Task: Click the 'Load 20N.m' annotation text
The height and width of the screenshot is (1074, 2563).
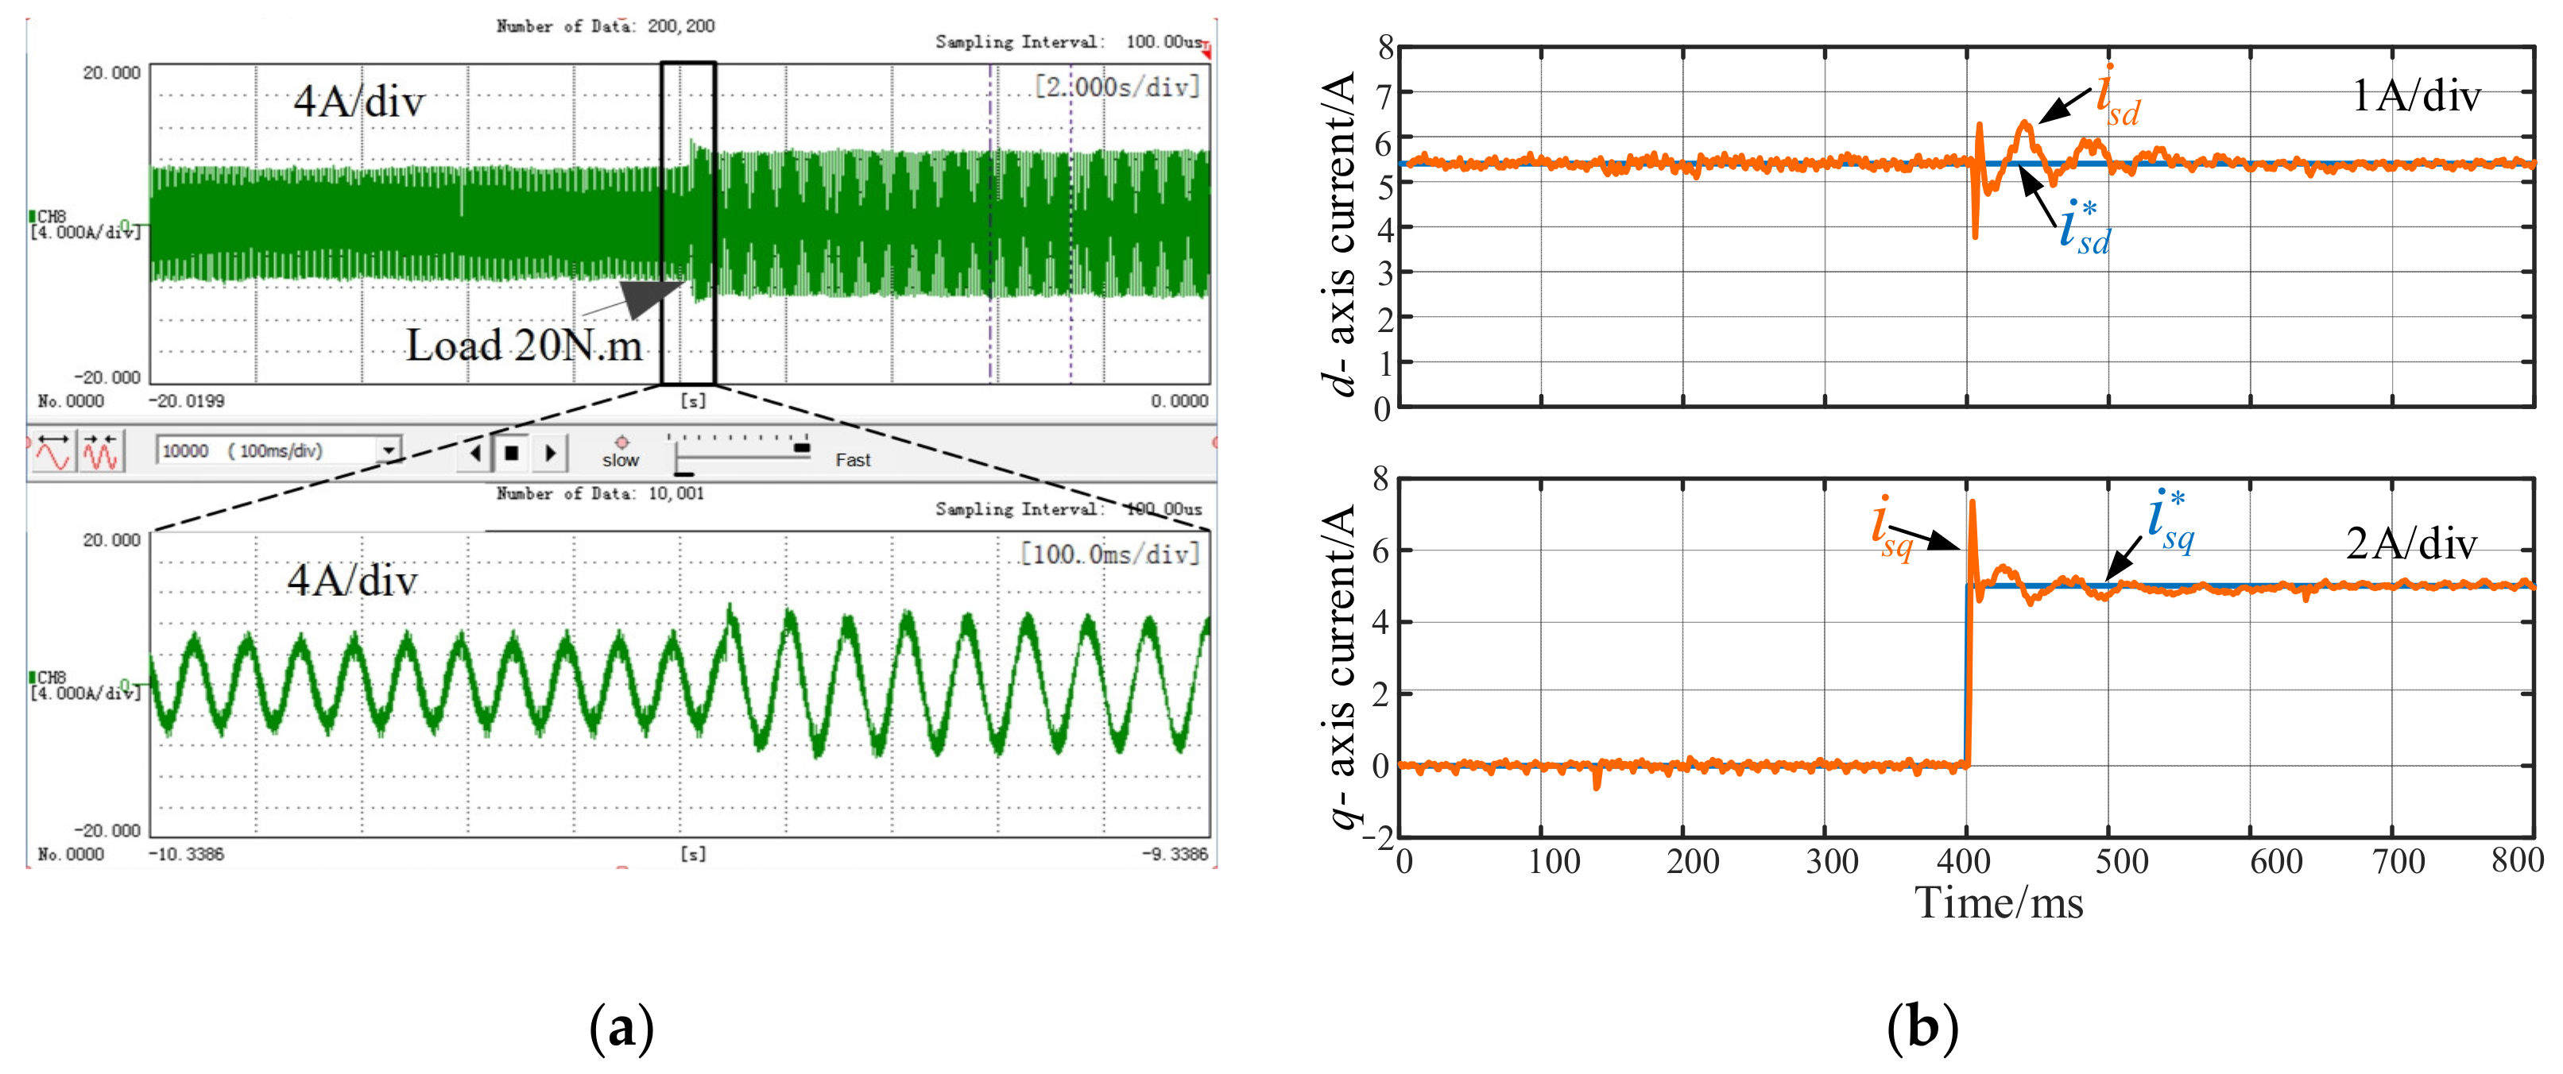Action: pyautogui.click(x=524, y=345)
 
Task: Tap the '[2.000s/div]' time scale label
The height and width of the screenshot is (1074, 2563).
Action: pyautogui.click(x=1117, y=87)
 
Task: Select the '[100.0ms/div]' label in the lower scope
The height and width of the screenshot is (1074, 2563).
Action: pyautogui.click(x=1109, y=553)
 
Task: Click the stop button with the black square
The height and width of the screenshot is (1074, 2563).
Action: pyautogui.click(x=511, y=454)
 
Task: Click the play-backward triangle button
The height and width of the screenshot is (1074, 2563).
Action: pyautogui.click(x=475, y=454)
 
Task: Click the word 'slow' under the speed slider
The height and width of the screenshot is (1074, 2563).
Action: pyautogui.click(x=620, y=461)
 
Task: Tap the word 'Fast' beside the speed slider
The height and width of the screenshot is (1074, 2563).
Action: pyautogui.click(x=853, y=461)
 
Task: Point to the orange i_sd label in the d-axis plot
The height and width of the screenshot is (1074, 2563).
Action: pyautogui.click(x=2117, y=98)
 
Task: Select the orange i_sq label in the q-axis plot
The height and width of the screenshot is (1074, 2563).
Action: pyautogui.click(x=1891, y=529)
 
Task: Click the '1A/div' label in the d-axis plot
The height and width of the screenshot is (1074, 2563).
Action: pyautogui.click(x=2416, y=96)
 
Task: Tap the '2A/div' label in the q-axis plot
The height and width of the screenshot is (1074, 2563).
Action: pyautogui.click(x=2410, y=544)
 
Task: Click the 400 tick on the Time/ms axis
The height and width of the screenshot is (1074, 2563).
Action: pyautogui.click(x=1964, y=861)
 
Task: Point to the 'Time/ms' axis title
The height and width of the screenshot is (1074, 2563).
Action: pyautogui.click(x=1998, y=904)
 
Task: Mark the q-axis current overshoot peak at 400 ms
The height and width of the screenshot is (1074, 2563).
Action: pyautogui.click(x=1972, y=503)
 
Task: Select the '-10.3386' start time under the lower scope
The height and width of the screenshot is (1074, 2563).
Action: pyautogui.click(x=186, y=854)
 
